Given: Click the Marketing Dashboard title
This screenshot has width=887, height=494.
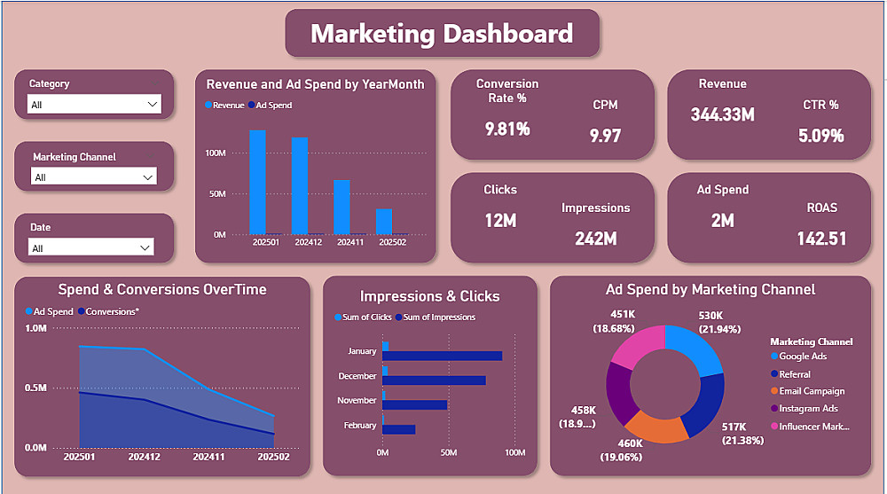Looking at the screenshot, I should coord(442,34).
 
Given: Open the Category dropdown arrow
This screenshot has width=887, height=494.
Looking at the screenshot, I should coord(151,105).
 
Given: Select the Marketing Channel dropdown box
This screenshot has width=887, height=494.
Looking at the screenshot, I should coord(94,177).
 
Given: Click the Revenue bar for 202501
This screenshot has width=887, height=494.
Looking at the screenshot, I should coord(257,182).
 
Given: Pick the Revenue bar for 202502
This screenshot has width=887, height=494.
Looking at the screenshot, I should coord(383,221).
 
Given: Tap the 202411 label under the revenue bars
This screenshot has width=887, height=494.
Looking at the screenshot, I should coord(349,242).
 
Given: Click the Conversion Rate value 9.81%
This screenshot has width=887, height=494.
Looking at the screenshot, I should coord(507,129).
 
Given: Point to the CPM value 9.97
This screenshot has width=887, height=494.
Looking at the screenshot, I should coord(605,136).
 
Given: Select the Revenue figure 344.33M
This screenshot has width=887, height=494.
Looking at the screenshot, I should coord(722,114).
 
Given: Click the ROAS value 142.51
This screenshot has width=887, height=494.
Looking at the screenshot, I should coord(821,239).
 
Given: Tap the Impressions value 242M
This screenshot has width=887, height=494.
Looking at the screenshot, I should coord(595,239).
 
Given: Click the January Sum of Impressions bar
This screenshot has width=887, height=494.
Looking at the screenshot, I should coord(444,356).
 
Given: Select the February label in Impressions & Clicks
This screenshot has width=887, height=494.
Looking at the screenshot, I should coord(360,426).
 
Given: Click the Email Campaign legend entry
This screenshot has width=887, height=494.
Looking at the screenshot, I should coord(811,391).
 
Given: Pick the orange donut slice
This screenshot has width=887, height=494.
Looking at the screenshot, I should coord(656,428).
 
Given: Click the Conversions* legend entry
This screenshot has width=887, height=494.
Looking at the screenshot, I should coord(112,311).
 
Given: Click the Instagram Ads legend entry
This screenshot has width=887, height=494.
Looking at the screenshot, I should coord(808,409).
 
